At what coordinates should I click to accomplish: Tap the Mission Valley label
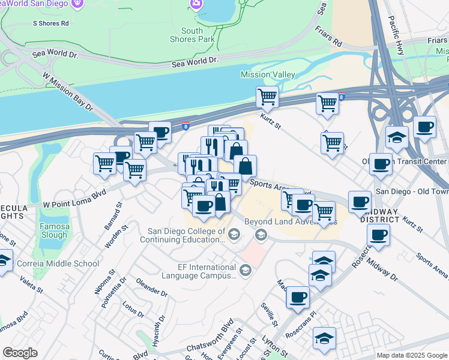pos(268,74)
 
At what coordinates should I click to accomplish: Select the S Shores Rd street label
pos(51,23)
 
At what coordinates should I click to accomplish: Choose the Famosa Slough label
pos(54,231)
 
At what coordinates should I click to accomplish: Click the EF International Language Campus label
pos(198,271)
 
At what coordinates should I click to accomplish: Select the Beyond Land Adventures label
pos(290,221)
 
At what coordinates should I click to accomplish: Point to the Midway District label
pos(379,215)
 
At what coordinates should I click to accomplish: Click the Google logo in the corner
pos(20,353)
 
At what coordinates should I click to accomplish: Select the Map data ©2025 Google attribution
pos(411,355)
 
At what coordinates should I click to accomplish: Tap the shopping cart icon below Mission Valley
pos(267,97)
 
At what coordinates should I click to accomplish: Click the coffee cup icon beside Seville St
pos(298,297)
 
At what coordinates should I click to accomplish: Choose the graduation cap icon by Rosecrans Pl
pos(324,338)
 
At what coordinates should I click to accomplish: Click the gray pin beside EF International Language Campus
pos(245,272)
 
